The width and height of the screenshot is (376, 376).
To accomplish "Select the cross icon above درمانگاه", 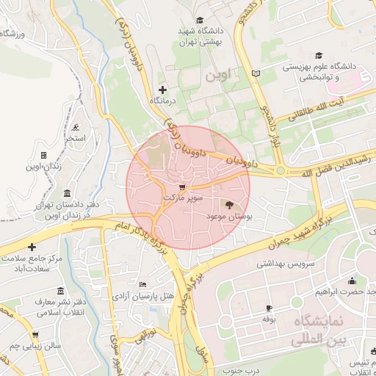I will click(162, 89).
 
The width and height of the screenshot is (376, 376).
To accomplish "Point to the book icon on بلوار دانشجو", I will click(256, 73).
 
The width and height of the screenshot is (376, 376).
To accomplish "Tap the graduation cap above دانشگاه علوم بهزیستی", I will click(319, 55).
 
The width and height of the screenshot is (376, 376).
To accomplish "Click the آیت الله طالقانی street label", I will click(316, 110).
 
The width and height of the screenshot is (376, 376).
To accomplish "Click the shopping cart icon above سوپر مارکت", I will click(181, 187).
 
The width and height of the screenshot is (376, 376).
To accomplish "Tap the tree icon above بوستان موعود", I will click(228, 206).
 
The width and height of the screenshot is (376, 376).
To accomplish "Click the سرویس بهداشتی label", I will click(285, 263).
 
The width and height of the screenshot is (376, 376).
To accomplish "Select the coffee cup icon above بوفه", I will click(269, 308).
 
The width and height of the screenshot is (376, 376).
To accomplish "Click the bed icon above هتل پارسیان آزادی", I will click(142, 284).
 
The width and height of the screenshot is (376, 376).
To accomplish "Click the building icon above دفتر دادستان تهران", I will click(68, 193).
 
